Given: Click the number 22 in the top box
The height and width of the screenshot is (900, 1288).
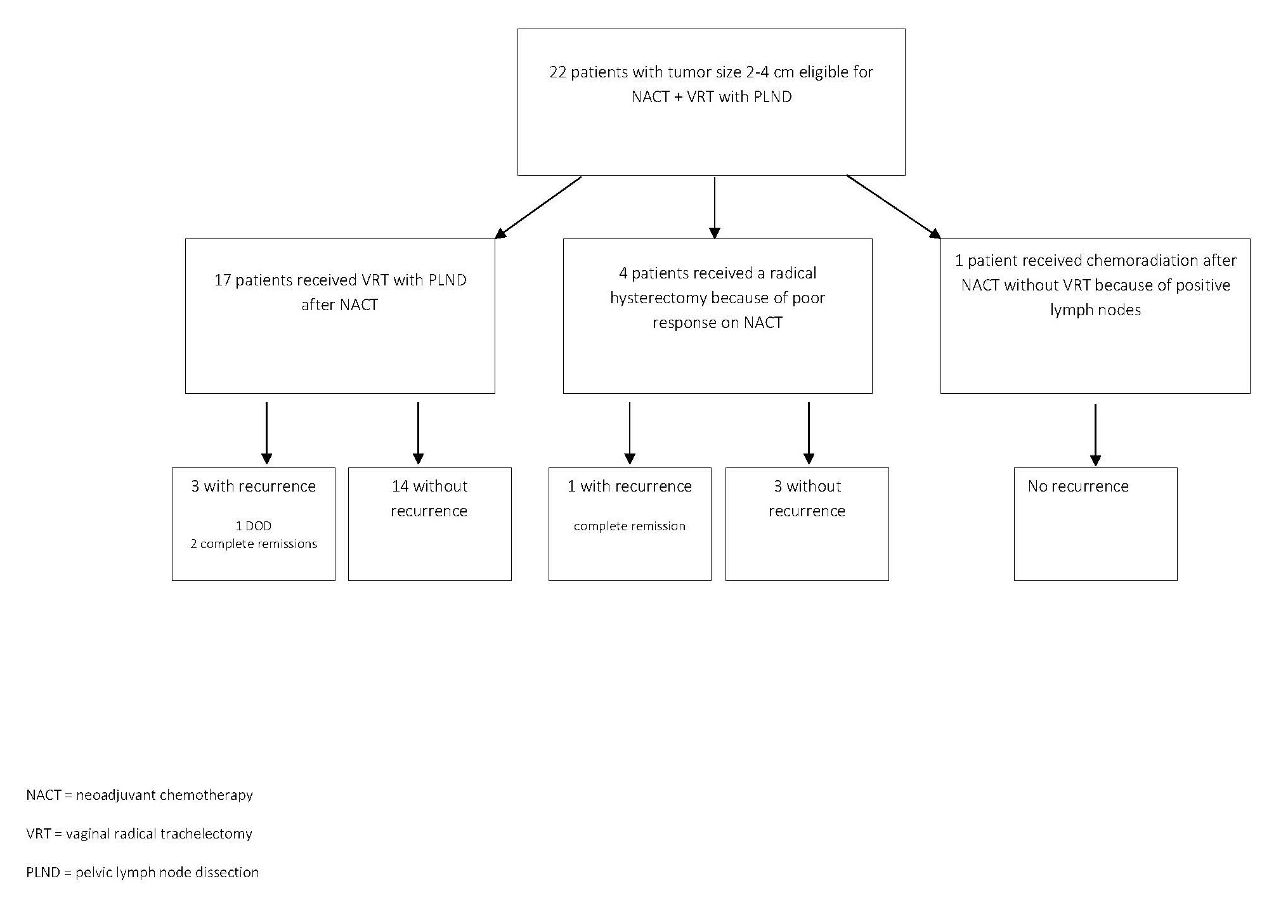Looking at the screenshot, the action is [x=558, y=72].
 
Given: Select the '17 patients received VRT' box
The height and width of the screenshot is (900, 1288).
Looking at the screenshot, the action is [x=340, y=316].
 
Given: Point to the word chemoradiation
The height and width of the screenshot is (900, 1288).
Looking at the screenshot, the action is [x=1139, y=261].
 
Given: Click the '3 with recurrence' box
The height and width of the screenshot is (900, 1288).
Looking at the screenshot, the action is [x=254, y=524].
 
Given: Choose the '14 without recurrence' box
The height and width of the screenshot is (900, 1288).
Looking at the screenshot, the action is [x=430, y=524].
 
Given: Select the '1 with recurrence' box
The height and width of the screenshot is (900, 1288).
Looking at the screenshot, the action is [x=630, y=524].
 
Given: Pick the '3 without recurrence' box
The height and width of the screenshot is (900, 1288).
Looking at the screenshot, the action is [x=807, y=524].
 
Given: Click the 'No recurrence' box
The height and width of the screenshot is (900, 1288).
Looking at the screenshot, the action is [x=1096, y=524].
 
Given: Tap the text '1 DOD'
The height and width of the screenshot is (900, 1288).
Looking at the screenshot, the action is [x=254, y=526].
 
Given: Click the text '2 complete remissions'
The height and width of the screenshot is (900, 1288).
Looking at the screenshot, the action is [x=254, y=544].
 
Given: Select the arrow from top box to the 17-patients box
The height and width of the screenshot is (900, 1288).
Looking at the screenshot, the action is [x=538, y=207].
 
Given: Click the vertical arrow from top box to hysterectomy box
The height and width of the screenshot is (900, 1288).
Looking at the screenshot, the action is [x=715, y=208].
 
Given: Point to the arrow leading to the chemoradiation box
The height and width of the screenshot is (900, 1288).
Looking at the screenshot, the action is [x=894, y=207].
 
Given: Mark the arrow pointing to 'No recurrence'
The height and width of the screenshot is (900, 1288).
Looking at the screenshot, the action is [x=1095, y=435].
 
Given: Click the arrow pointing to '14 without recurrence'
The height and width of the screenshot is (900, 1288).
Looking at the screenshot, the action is [x=418, y=433].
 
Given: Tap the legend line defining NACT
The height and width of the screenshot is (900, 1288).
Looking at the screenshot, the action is [x=140, y=795].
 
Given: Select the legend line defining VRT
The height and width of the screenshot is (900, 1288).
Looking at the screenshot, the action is [x=140, y=834].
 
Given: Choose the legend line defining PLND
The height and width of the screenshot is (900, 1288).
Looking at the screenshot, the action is [x=143, y=873].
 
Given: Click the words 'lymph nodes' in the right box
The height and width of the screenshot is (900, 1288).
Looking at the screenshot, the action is [x=1095, y=311].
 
